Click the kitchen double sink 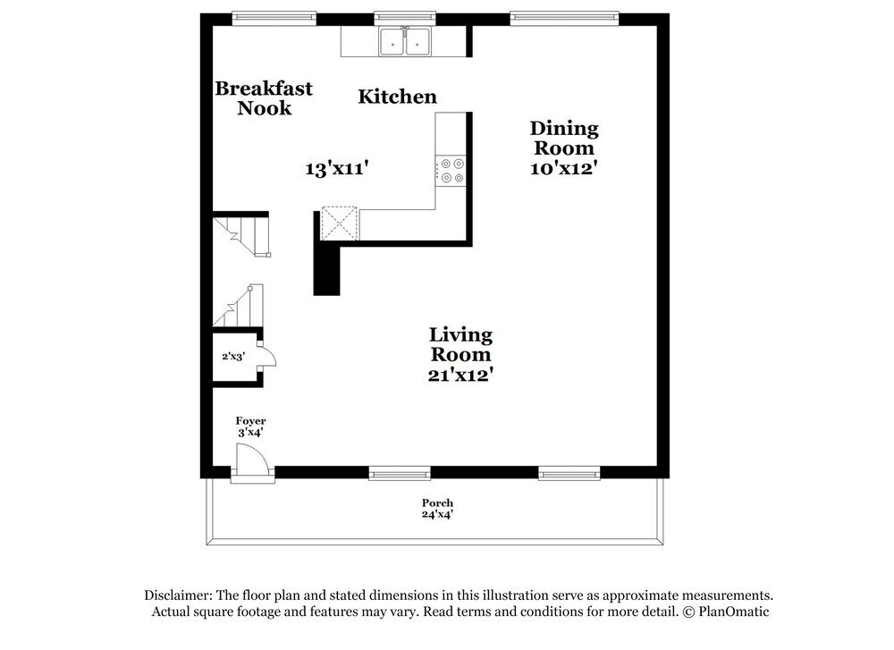405,41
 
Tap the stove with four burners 451,171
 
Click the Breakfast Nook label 264,98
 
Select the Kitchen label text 398,97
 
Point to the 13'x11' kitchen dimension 337,168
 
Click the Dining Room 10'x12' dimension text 563,168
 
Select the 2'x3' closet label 233,356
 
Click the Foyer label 250,420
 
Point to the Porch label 438,502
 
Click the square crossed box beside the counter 339,224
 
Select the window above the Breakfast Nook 274,16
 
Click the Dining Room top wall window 564,16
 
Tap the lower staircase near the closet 239,306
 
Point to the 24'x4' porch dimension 438,514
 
